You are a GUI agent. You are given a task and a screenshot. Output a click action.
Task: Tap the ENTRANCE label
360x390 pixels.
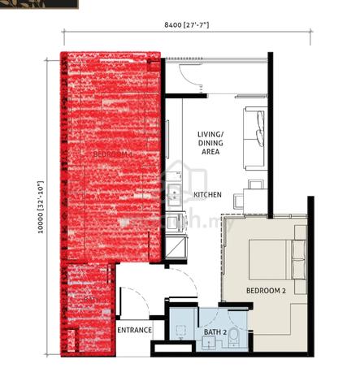point(134,330)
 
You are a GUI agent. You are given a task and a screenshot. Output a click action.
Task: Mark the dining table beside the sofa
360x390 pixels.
point(252,188)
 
